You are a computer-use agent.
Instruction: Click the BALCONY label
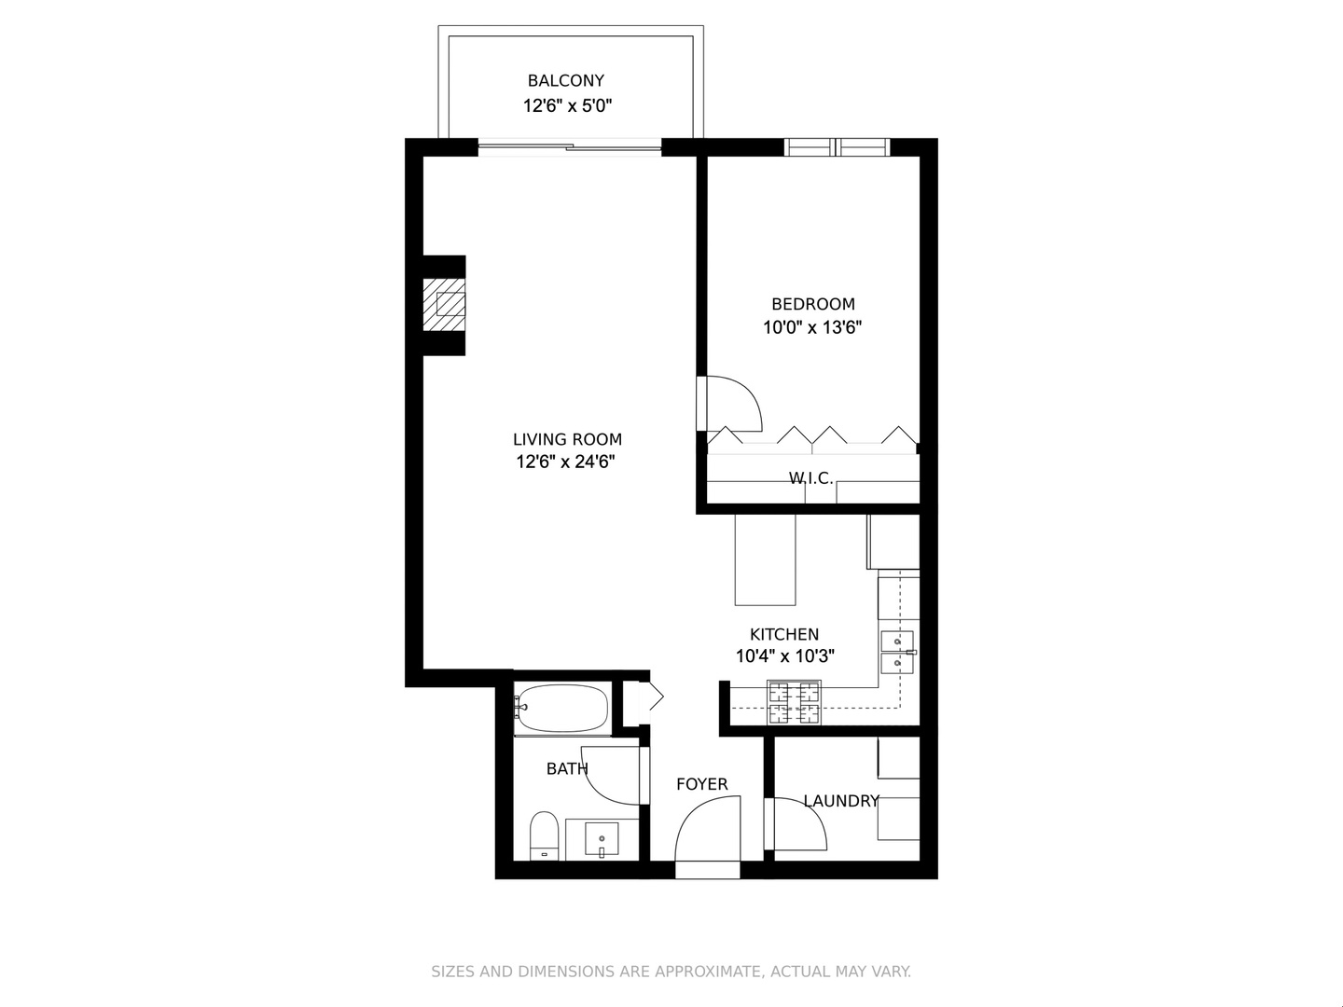[x=565, y=81]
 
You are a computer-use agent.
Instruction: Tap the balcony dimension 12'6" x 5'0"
[x=565, y=106]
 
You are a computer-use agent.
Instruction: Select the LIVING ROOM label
[x=567, y=439]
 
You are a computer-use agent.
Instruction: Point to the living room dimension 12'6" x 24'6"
[x=567, y=462]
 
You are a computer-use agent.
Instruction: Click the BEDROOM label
[x=812, y=304]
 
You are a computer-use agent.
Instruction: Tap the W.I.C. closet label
[x=810, y=478]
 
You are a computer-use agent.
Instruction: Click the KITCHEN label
[x=784, y=634]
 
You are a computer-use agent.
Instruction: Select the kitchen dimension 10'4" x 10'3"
[x=784, y=656]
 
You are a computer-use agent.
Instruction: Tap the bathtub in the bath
[x=562, y=710]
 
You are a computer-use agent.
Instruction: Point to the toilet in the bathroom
[x=544, y=834]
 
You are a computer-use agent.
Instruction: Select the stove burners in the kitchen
[x=794, y=703]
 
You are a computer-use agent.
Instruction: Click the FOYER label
[x=702, y=784]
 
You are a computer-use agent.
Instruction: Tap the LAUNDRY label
[x=841, y=801]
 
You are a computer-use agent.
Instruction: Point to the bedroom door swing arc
[x=737, y=401]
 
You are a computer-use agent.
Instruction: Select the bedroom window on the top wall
[x=837, y=147]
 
